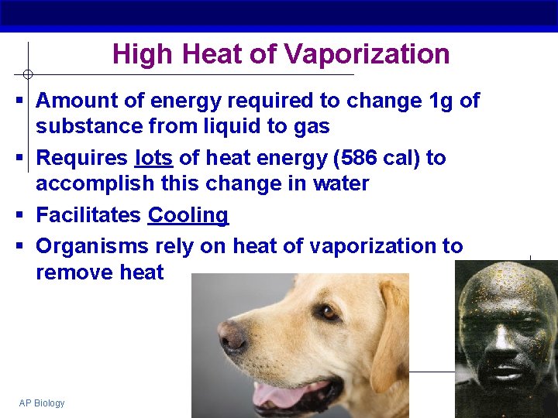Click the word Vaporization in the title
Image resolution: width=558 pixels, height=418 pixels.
pyautogui.click(x=367, y=54)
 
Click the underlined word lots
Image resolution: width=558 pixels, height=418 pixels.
pyautogui.click(x=153, y=158)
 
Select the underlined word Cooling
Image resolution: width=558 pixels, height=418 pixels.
pyautogui.click(x=188, y=215)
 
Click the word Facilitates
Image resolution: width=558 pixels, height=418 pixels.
pyautogui.click(x=88, y=215)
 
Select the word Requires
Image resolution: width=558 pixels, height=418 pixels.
pyautogui.click(x=81, y=158)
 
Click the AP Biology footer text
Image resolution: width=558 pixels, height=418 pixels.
pyautogui.click(x=42, y=403)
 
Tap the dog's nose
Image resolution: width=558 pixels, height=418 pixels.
pyautogui.click(x=232, y=337)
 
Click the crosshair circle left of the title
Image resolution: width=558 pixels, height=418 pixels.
pyautogui.click(x=28, y=74)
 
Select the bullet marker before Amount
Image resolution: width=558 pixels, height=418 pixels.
pyautogui.click(x=18, y=101)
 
